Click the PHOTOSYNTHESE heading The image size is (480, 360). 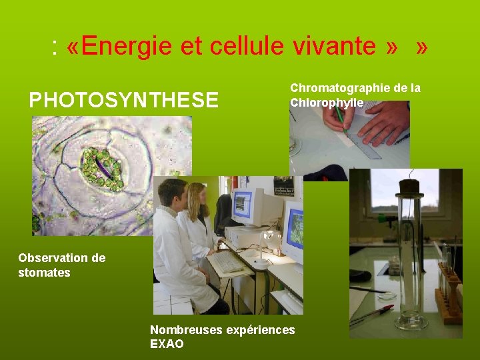[x=123, y=100]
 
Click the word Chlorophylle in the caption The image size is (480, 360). [x=327, y=103]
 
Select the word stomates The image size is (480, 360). [x=44, y=272]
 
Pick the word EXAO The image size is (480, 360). [x=167, y=344]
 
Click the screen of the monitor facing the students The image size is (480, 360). [x=242, y=205]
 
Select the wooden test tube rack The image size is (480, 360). [x=451, y=293]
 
